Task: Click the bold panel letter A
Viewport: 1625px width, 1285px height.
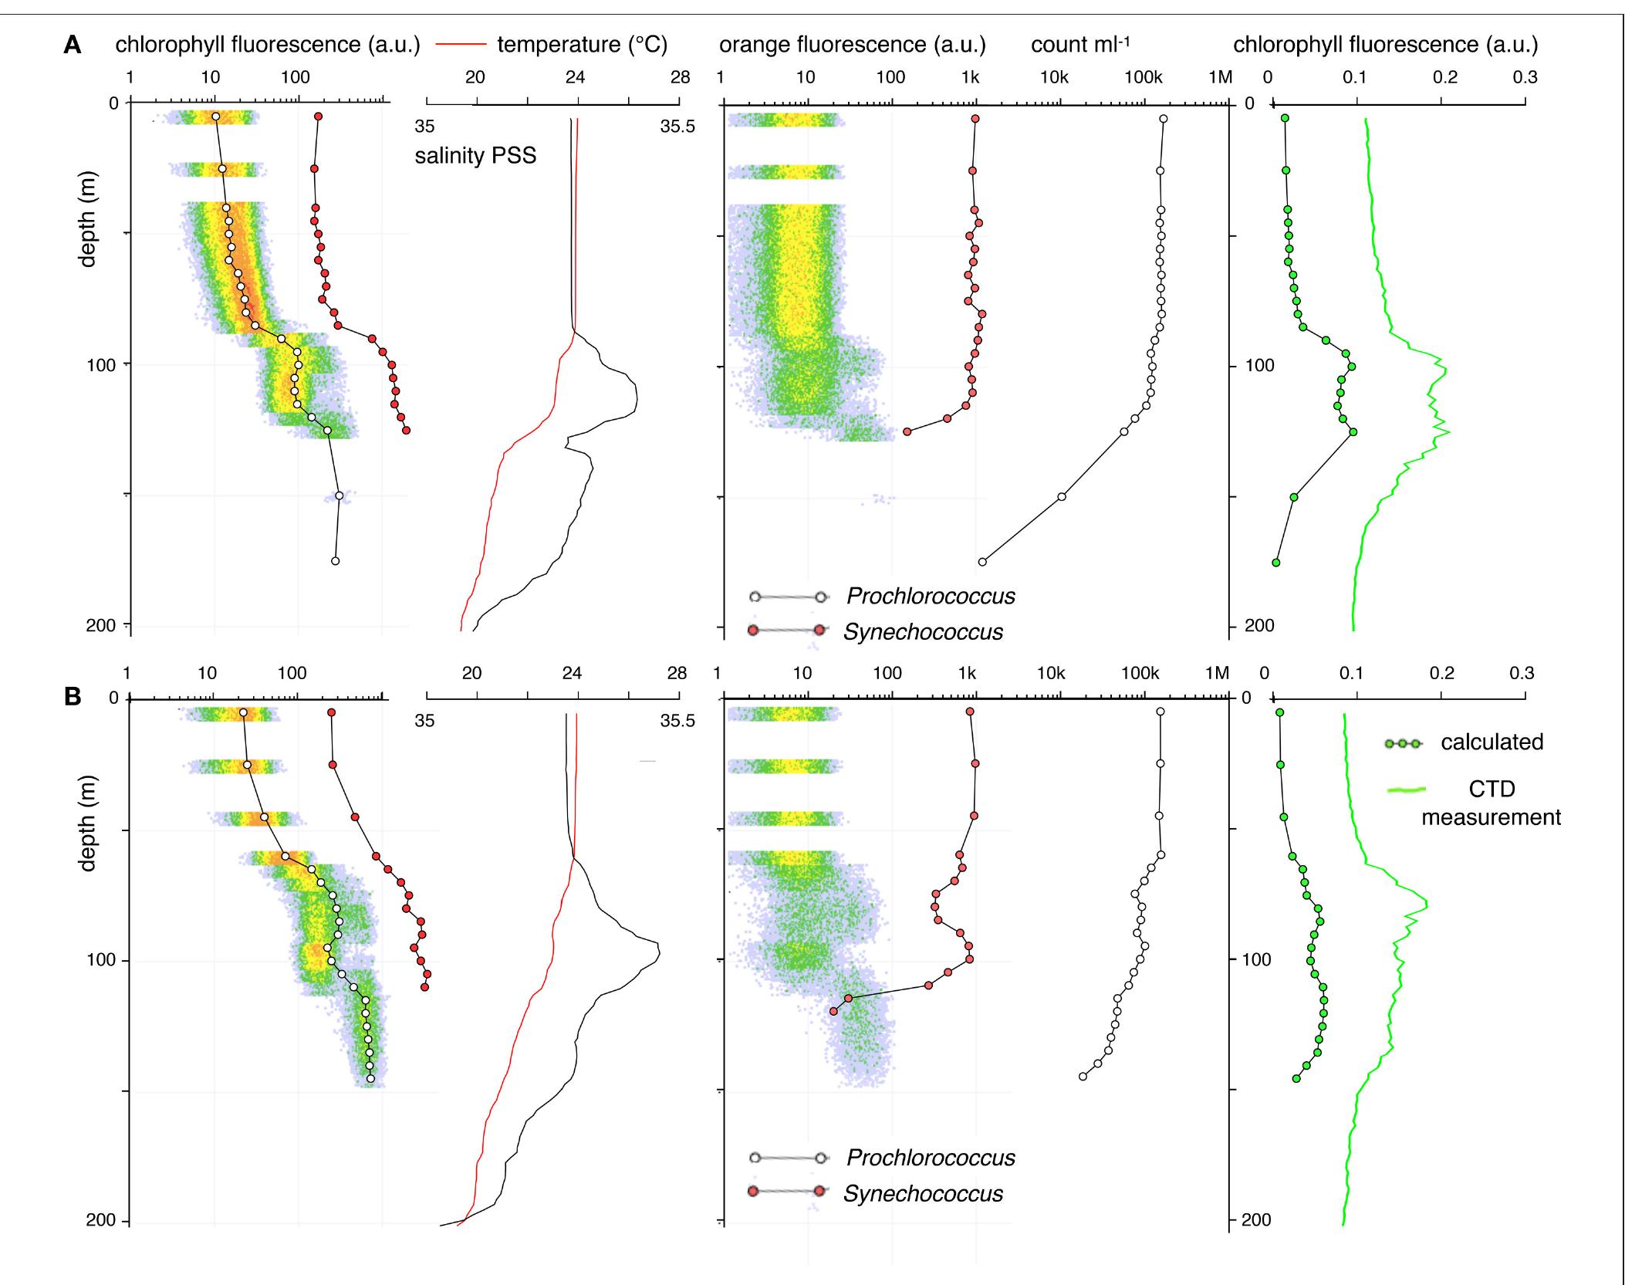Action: [73, 46]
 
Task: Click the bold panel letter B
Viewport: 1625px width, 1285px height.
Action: [73, 697]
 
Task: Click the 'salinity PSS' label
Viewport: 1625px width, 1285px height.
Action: [475, 157]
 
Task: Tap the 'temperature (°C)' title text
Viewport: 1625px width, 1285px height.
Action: [582, 45]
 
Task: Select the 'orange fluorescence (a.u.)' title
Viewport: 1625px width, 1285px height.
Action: [852, 45]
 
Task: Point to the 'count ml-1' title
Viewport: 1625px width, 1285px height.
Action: [1079, 45]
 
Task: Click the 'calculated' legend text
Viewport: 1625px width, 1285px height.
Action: [1492, 742]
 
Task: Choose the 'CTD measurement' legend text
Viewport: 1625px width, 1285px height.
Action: [1491, 803]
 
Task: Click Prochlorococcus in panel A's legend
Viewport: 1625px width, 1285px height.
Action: [930, 596]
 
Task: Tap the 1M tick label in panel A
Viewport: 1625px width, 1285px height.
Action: [1220, 78]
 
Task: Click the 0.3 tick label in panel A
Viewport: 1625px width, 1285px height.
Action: [1525, 78]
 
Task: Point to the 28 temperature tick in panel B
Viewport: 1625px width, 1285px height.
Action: [677, 674]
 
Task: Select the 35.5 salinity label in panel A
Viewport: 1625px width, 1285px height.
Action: [677, 127]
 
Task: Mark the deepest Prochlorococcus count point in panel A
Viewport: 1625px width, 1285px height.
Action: [982, 562]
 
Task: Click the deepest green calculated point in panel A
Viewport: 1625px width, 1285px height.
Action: [1276, 563]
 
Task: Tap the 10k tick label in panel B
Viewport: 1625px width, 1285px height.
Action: [1051, 674]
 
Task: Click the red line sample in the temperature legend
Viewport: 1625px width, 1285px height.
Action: [461, 45]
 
